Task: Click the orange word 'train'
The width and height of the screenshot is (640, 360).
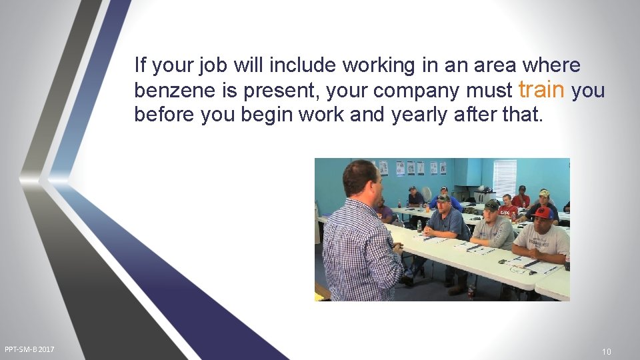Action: (541, 90)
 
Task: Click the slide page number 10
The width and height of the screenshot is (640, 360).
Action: (606, 352)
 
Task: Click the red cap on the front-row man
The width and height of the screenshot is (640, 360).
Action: (542, 213)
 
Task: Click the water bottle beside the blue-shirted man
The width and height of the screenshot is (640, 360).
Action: (419, 226)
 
